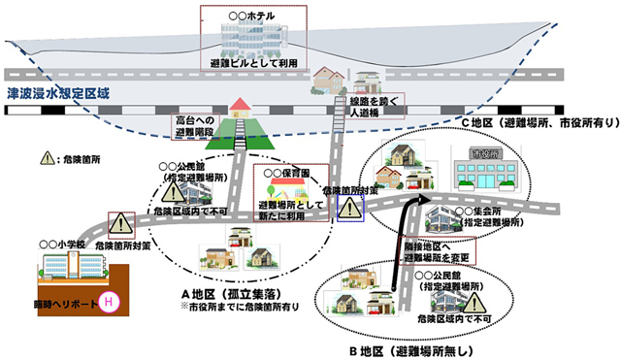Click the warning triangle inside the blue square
coord(349,208)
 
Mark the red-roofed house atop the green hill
coord(242,106)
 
